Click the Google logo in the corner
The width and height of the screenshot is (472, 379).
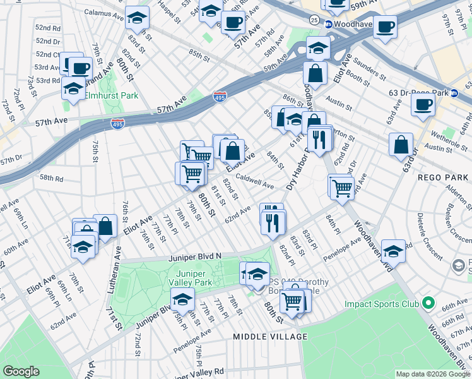coord(21,371)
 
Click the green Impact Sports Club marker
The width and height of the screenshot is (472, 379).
coord(428,304)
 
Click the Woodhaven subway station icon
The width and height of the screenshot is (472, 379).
coord(329,24)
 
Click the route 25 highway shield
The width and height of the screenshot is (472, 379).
coord(314,21)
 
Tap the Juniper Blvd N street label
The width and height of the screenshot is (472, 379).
coord(195,257)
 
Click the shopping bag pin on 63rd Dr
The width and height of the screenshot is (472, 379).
coord(401,145)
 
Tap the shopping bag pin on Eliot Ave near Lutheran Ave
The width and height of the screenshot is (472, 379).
coord(105,227)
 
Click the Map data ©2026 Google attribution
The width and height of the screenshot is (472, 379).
coord(432,374)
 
